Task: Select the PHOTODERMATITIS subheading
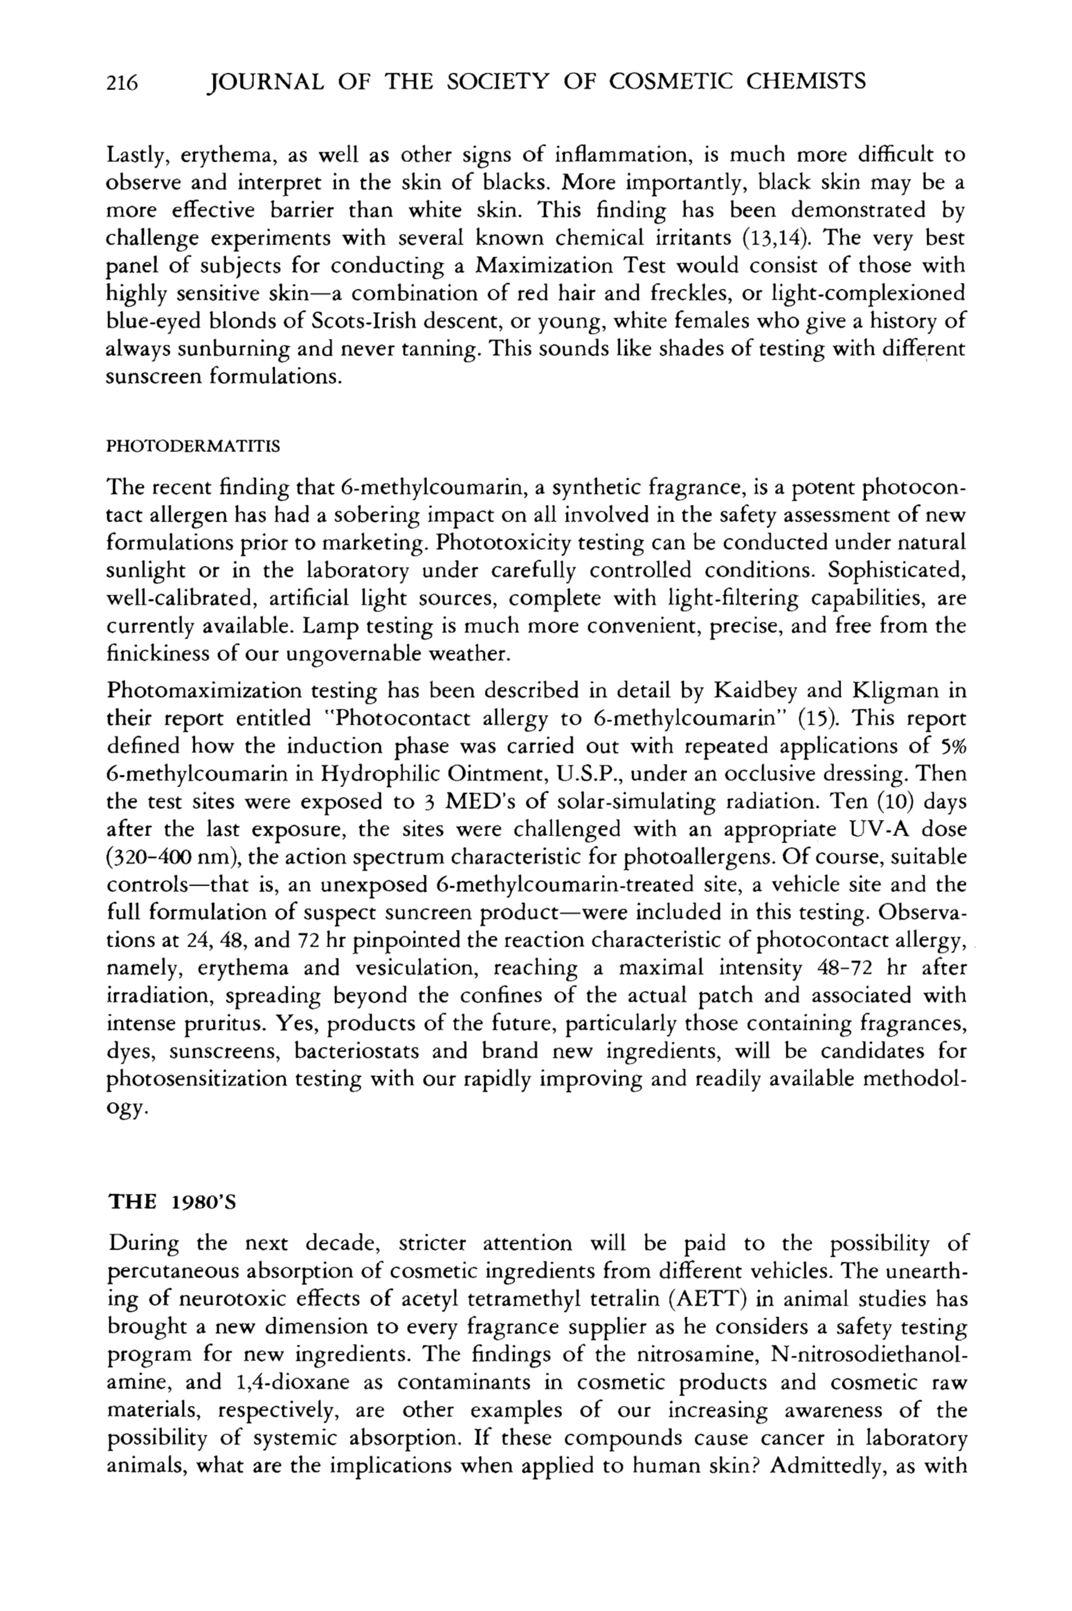click(x=194, y=447)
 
